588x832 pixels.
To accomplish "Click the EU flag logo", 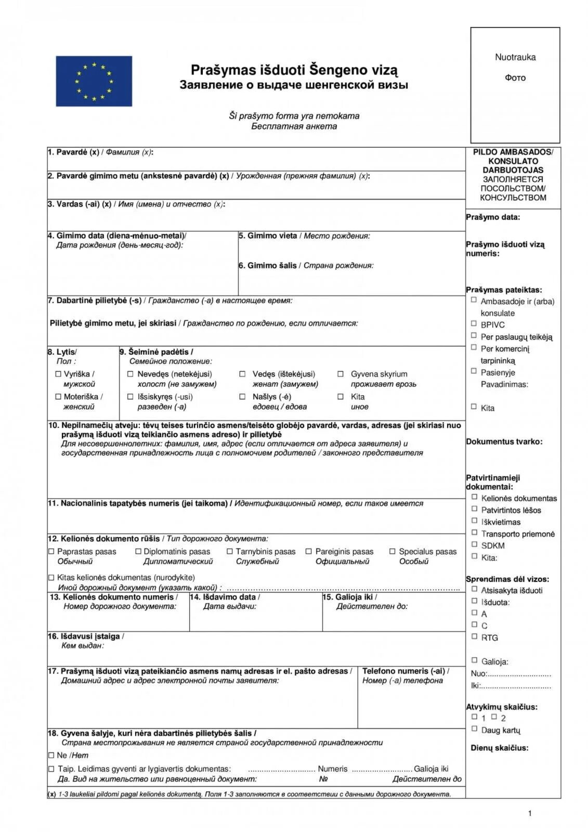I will [94, 81].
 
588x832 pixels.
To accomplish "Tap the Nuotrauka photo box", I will [515, 85].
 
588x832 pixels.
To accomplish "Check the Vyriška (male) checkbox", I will [58, 374].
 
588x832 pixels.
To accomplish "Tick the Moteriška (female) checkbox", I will [58, 396].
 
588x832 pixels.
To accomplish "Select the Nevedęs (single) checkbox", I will [130, 374].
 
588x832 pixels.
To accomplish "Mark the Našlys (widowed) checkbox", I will [242, 396].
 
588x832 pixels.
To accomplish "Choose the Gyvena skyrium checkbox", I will [341, 374].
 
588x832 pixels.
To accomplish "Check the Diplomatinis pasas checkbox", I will [138, 551].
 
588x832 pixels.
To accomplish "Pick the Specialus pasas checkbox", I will [393, 551].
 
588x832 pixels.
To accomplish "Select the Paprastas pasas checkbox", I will [51, 551].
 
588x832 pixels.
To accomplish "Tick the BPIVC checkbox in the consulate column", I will [474, 323].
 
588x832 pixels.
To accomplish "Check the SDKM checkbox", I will [474, 544].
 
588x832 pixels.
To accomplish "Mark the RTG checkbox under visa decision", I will [474, 636].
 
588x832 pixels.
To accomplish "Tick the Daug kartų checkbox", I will [474, 729].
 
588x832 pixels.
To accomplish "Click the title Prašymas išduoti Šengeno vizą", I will [294, 70].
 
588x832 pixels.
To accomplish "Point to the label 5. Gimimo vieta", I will [268, 236].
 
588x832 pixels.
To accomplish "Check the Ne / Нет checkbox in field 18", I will [51, 755].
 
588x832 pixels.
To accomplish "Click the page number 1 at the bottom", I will [530, 813].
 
